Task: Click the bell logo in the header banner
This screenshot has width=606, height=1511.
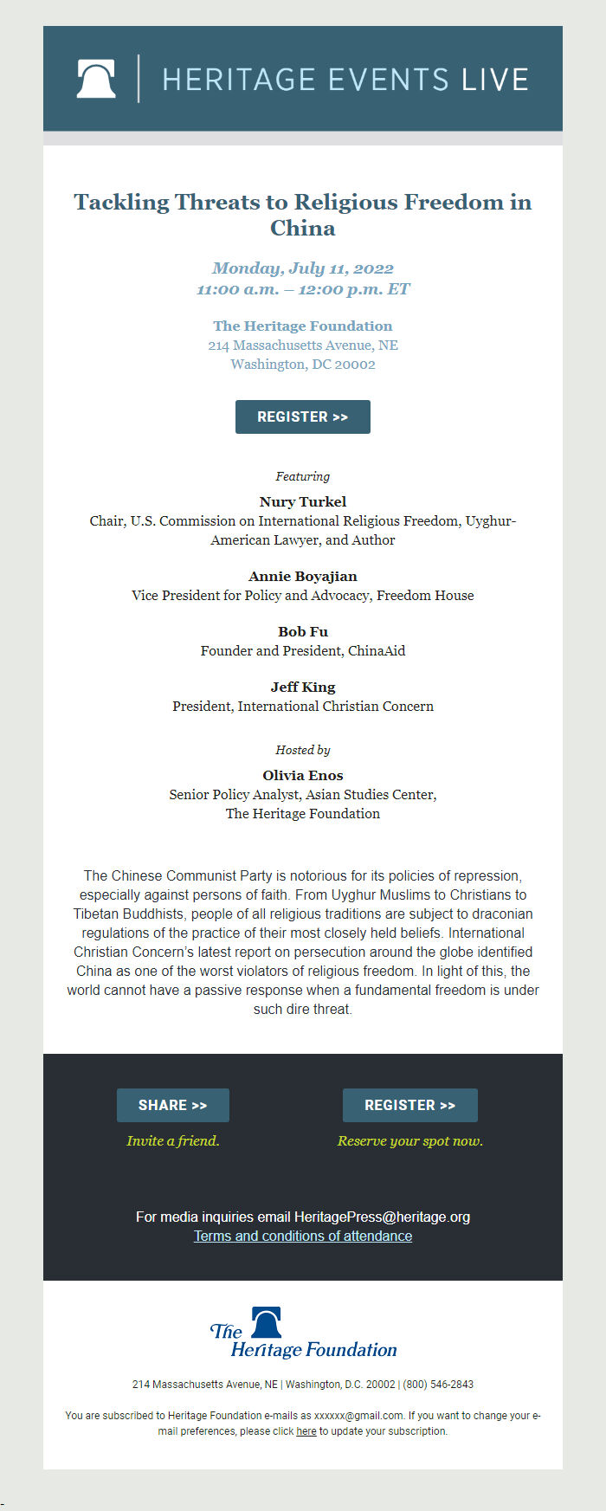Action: [96, 79]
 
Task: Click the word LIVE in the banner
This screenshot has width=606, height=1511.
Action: [494, 80]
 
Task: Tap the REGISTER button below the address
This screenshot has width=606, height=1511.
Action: [303, 416]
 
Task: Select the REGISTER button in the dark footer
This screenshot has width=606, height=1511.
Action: [409, 1105]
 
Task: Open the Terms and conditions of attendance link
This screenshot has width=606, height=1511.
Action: [303, 1236]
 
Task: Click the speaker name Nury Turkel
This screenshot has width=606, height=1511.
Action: [303, 501]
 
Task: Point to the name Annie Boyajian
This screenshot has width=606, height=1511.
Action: [303, 576]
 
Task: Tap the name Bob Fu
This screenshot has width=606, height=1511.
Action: [303, 631]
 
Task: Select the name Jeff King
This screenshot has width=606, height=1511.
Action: [303, 687]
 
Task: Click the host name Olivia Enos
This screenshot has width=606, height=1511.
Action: [303, 775]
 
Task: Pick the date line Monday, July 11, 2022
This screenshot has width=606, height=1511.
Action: [303, 268]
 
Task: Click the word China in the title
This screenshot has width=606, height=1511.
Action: [303, 228]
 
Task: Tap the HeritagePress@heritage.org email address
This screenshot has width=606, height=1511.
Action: [382, 1217]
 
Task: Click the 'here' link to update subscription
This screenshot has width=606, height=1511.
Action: [306, 1431]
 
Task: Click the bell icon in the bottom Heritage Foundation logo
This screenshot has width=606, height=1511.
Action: [267, 1322]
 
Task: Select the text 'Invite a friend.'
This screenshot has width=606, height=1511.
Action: [173, 1140]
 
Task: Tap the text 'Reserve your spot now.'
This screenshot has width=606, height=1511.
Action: [410, 1140]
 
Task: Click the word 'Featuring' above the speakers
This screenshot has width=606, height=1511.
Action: [303, 476]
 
